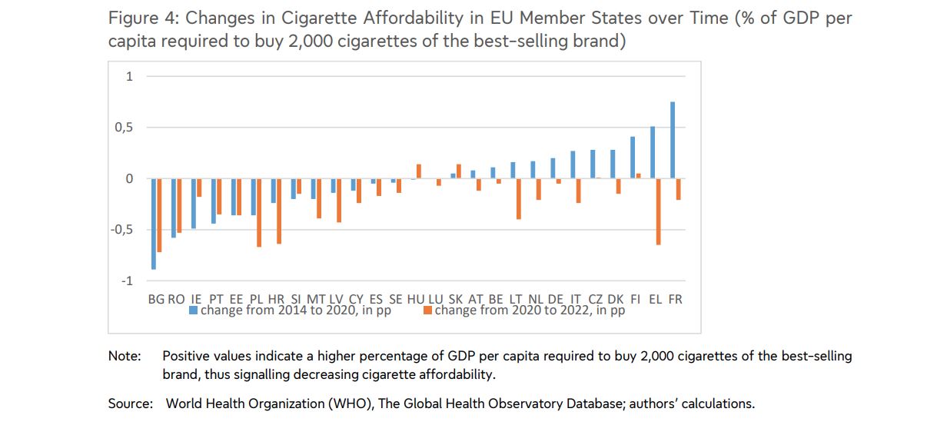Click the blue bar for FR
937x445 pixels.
[673, 141]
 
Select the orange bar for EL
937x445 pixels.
[659, 212]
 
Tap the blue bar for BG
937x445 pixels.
[154, 224]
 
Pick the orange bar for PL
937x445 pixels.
[260, 213]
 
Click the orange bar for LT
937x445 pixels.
[519, 199]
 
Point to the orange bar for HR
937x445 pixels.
[279, 211]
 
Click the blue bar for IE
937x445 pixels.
[194, 204]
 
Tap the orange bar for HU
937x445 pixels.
[419, 171]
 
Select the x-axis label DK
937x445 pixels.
[615, 299]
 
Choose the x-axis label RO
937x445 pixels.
[176, 299]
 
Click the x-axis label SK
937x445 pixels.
[455, 299]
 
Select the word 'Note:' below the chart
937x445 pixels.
[125, 357]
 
